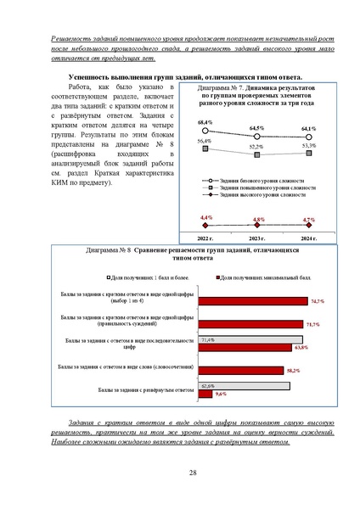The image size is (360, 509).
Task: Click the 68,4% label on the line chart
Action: point(206,123)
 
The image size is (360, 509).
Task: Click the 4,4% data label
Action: point(206,218)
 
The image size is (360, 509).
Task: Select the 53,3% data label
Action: point(309,145)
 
